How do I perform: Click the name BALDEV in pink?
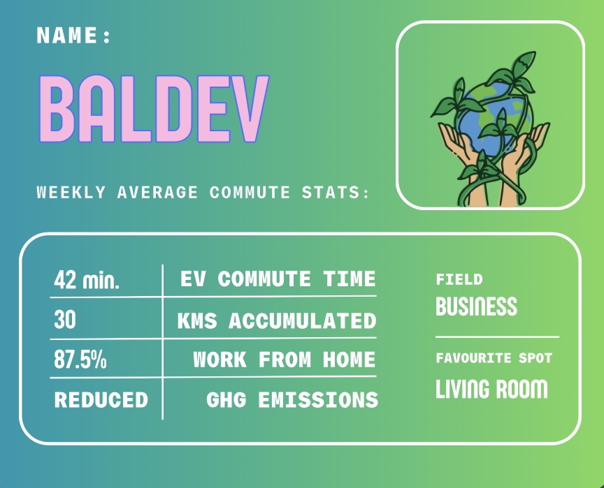point(153,108)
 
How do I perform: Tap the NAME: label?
point(73,35)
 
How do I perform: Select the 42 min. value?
point(87,279)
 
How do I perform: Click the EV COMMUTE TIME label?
point(278,279)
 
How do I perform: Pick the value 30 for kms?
point(65,320)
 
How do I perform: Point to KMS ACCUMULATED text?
point(277,320)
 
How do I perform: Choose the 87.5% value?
point(80,360)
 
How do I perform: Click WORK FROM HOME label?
point(285,360)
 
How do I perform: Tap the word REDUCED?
point(101,399)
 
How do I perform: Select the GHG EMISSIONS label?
point(292,399)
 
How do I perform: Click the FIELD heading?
point(459,279)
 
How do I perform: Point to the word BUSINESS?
point(477,306)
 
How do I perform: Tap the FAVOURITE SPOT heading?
point(494,358)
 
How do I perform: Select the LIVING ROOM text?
point(491,388)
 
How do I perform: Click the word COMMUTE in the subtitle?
point(250,192)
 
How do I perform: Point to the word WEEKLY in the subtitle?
point(71,192)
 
